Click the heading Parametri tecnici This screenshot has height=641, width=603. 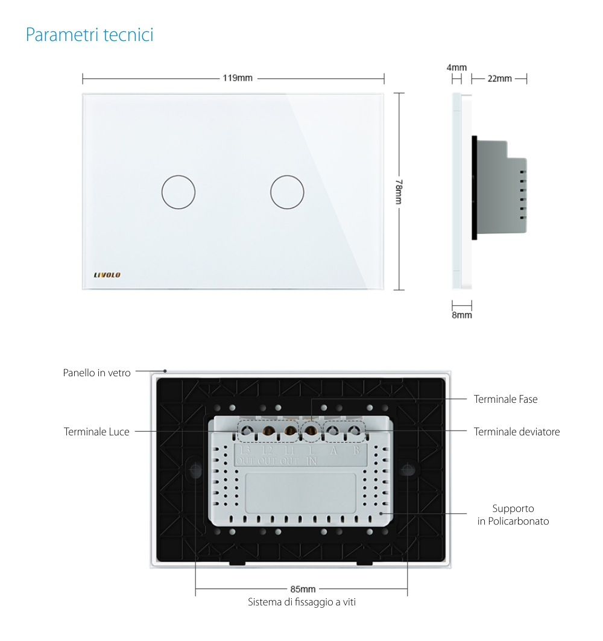pyautogui.click(x=89, y=35)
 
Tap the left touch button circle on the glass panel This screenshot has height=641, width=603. pyautogui.click(x=178, y=192)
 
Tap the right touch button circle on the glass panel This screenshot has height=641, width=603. pyautogui.click(x=287, y=192)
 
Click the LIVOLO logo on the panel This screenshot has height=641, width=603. pyautogui.click(x=107, y=275)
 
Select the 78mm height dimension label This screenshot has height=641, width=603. pyautogui.click(x=399, y=192)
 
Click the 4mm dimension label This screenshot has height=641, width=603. pyautogui.click(x=456, y=68)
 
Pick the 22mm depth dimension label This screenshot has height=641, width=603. pyautogui.click(x=499, y=78)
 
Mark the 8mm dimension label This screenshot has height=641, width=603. pyautogui.click(x=462, y=315)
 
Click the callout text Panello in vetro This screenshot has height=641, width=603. pyautogui.click(x=96, y=373)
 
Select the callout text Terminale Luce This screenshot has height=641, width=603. pyautogui.click(x=96, y=432)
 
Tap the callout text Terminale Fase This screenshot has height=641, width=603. pyautogui.click(x=505, y=399)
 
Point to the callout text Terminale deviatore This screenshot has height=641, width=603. pyautogui.click(x=517, y=432)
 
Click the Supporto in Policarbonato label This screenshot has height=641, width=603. pyautogui.click(x=513, y=515)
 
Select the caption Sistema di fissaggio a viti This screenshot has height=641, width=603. pyautogui.click(x=302, y=602)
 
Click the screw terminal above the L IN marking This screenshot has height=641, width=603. pyautogui.click(x=311, y=431)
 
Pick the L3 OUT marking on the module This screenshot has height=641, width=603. pyautogui.click(x=245, y=456)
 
